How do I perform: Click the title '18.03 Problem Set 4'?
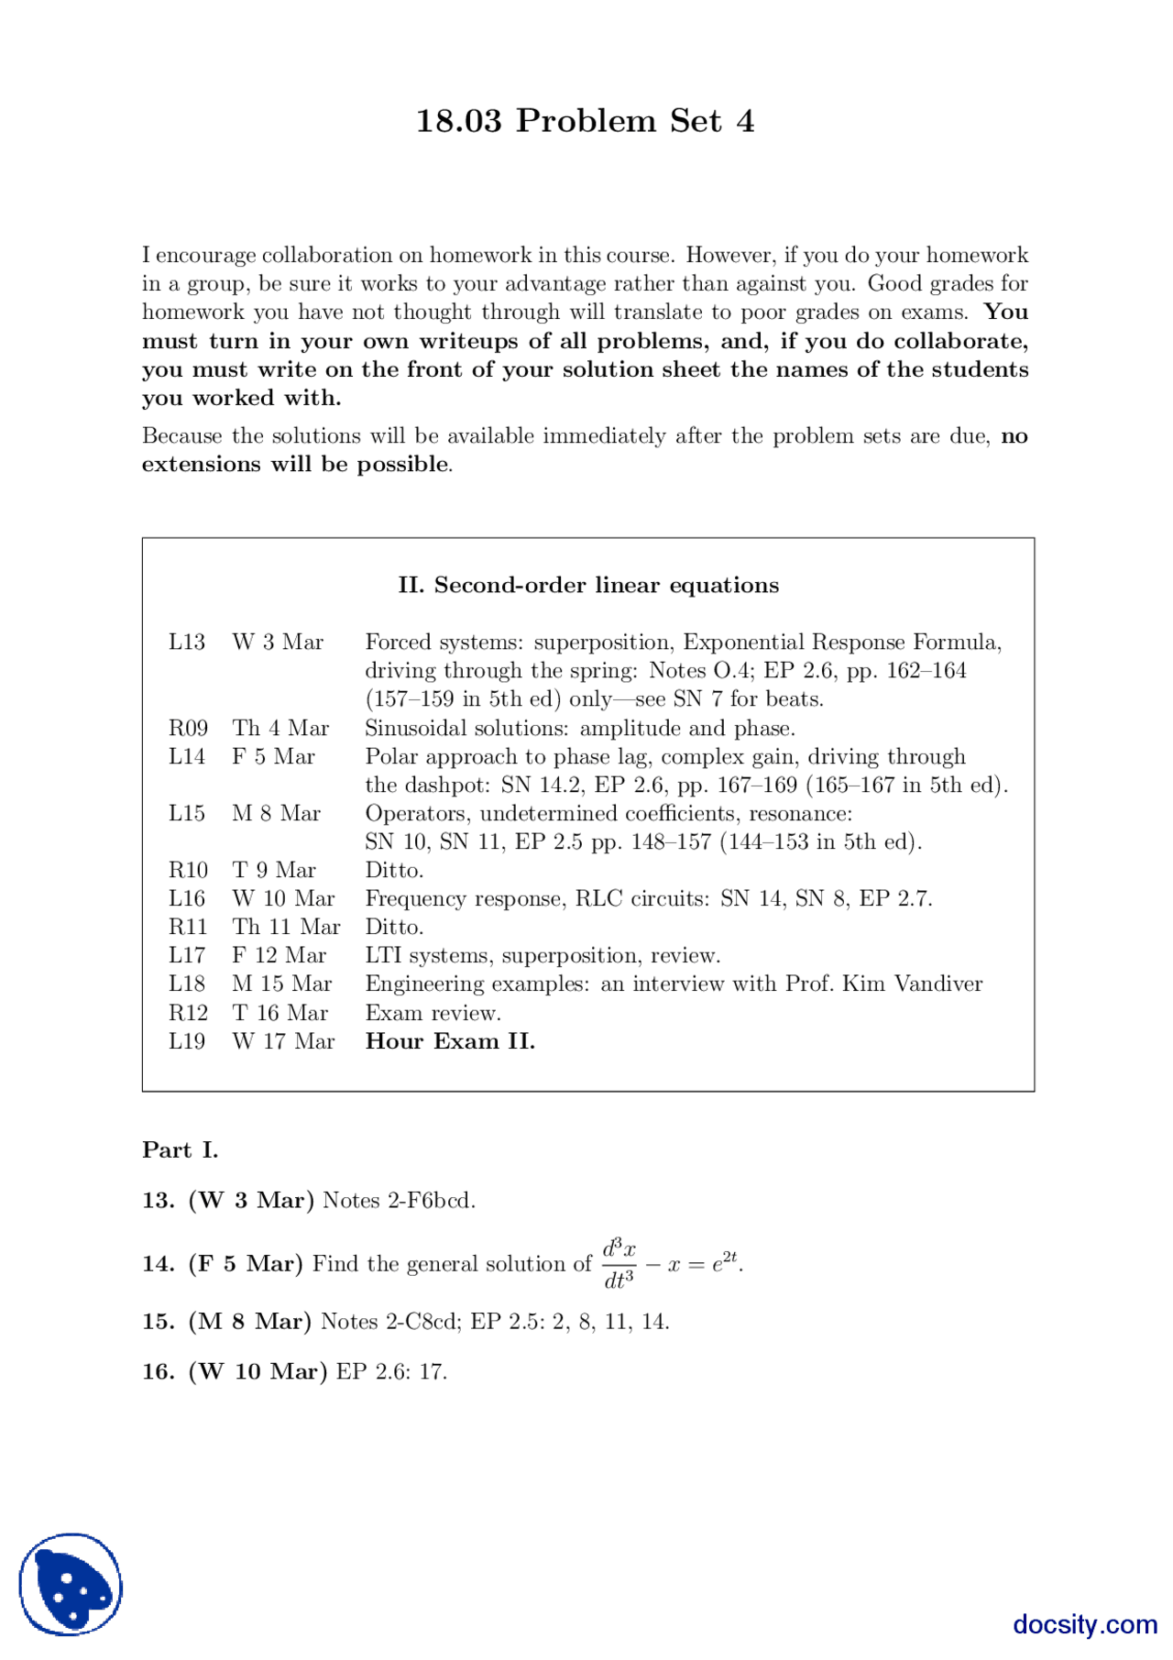[585, 121]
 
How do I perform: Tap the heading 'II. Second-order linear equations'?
[588, 585]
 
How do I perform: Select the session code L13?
[187, 642]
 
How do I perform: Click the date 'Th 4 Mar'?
[280, 728]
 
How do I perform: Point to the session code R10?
[188, 870]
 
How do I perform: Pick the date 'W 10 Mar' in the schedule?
[283, 898]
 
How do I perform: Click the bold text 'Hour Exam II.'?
[450, 1041]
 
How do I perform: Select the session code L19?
[187, 1041]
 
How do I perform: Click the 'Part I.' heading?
[181, 1150]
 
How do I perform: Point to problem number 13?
[158, 1201]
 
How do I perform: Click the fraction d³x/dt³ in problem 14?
[619, 1264]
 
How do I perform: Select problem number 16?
[158, 1372]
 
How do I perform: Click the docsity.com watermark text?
[1085, 1624]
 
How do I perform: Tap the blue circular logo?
[71, 1584]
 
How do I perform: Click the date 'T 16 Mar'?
[280, 1013]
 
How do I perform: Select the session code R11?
[188, 927]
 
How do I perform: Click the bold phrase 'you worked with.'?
[242, 398]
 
